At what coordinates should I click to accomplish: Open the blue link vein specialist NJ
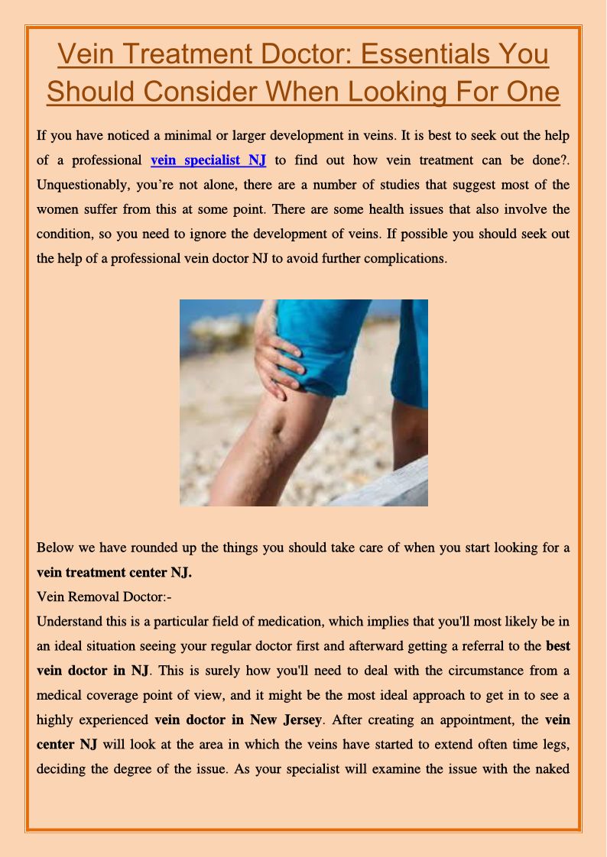tap(208, 160)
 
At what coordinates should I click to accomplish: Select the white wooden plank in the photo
tap(382, 486)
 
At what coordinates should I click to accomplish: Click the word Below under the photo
tap(54, 548)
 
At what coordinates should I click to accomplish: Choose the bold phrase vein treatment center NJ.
tap(114, 572)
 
